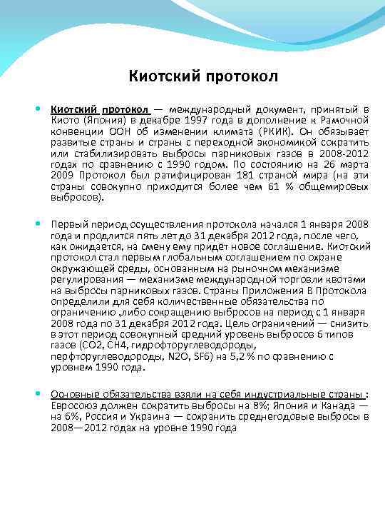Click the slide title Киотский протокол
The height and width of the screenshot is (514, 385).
[202, 75]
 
